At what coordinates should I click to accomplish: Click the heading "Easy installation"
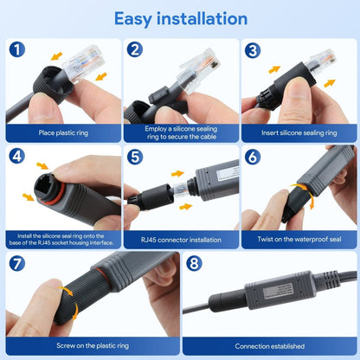[x=179, y=18]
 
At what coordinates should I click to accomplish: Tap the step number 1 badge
[x=18, y=50]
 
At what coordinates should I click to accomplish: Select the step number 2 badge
[x=134, y=50]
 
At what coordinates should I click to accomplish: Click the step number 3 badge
[x=252, y=50]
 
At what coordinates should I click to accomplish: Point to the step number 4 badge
[x=18, y=157]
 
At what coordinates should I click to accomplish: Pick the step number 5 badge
[x=134, y=157]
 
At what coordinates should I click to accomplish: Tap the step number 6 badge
[x=252, y=157]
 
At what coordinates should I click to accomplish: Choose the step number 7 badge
[x=18, y=264]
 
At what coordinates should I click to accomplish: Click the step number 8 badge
[x=194, y=264]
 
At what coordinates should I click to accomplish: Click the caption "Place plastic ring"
[x=61, y=133]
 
